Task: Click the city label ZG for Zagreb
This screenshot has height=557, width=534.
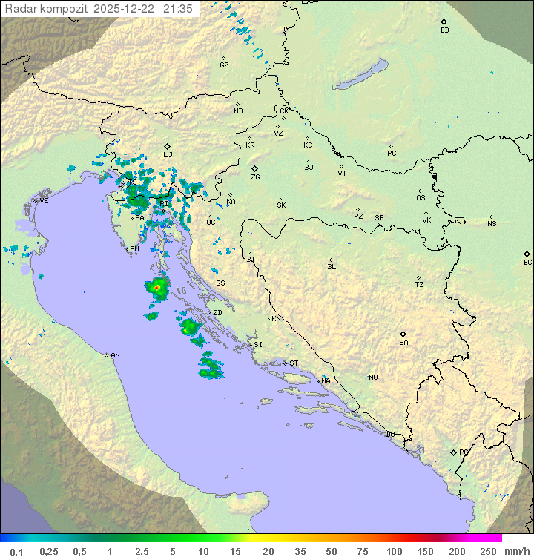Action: coord(255,177)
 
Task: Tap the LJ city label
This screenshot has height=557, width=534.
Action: coord(168,154)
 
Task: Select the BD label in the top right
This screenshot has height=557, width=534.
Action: coord(444,30)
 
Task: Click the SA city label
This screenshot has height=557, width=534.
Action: coord(403,342)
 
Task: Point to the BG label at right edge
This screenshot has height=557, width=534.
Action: coord(527,262)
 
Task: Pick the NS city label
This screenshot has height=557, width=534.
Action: coord(492,223)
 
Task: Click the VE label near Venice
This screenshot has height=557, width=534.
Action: coord(44,201)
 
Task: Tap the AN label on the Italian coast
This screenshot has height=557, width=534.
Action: coord(115,355)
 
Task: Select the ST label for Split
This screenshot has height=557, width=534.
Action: coord(294,363)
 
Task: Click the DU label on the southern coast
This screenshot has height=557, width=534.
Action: coord(390,435)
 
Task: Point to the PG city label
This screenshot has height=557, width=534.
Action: coord(464,452)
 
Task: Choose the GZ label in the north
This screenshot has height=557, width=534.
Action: coord(224,65)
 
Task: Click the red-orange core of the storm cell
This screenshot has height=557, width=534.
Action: coord(156,287)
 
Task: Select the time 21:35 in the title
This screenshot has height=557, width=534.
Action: coord(179,8)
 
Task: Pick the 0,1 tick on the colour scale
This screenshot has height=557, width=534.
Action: coord(16,551)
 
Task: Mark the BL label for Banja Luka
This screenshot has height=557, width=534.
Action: coord(332,266)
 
